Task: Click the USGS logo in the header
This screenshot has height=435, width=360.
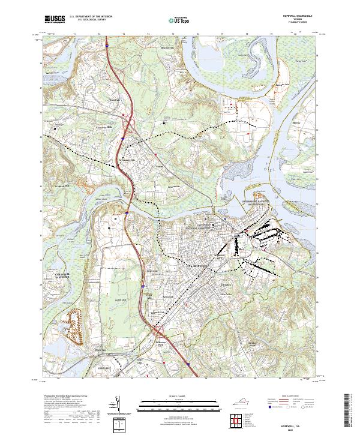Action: (55, 19)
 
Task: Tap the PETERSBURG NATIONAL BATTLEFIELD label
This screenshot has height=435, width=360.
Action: (196, 227)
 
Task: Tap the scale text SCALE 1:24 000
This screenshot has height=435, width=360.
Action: (179, 395)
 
